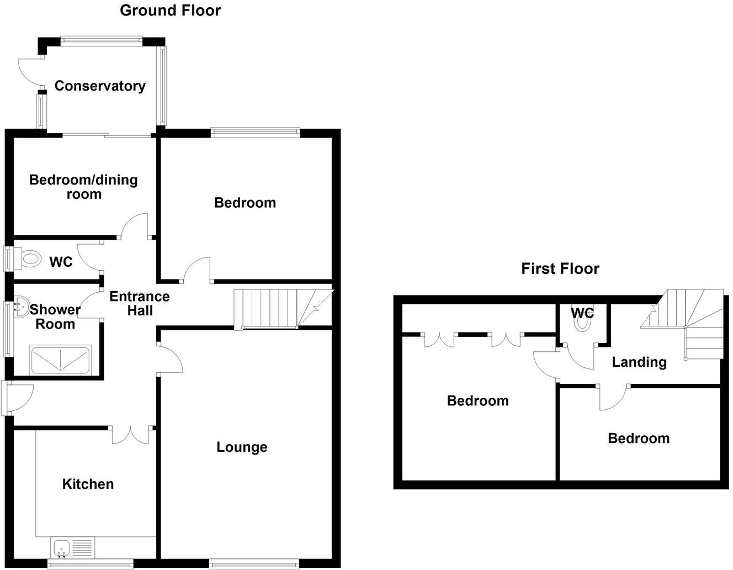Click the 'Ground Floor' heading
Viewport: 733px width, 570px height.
(170, 10)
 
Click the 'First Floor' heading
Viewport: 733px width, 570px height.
(560, 268)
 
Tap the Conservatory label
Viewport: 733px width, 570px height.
(100, 86)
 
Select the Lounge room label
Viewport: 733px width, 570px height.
(242, 447)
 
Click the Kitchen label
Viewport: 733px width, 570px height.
(88, 484)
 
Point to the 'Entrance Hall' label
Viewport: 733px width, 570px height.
(140, 303)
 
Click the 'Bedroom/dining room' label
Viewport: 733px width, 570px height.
(83, 187)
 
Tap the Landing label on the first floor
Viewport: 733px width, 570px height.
(639, 362)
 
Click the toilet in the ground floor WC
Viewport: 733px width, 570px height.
(30, 258)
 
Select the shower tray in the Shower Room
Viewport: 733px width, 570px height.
(61, 360)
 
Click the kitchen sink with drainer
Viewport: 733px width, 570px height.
(72, 547)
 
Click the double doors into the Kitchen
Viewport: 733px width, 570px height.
(132, 434)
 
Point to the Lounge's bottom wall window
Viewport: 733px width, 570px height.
(254, 563)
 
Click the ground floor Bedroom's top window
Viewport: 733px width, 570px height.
(254, 132)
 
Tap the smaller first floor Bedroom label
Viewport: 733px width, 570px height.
(639, 438)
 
